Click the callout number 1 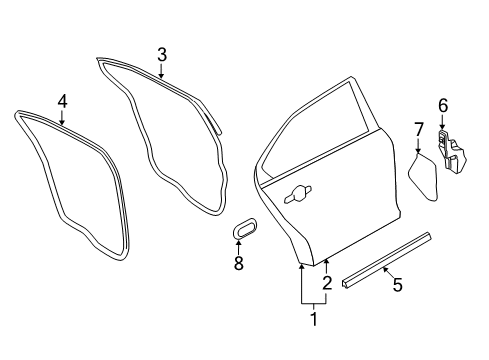point(313,320)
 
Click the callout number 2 point(327,283)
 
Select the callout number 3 point(161,54)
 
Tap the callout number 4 point(62,101)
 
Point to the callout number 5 point(397,286)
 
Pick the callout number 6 point(443,105)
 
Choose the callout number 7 point(419,128)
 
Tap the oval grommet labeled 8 point(243,232)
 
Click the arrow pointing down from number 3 point(161,69)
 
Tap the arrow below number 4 point(62,117)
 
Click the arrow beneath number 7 point(419,144)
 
